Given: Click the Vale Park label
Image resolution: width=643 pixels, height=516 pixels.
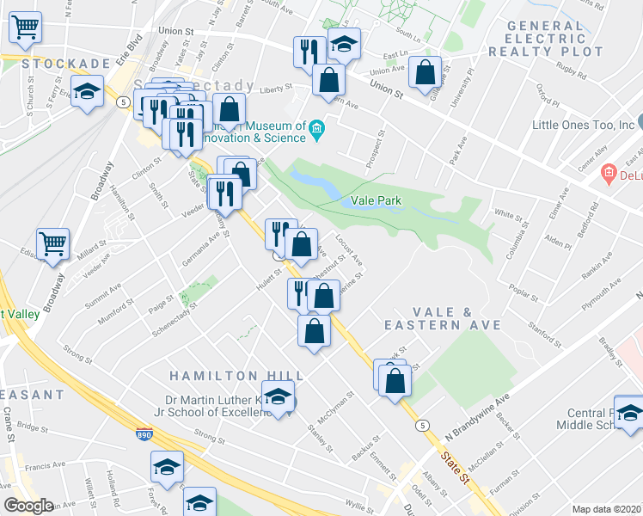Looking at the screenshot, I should click(x=377, y=200).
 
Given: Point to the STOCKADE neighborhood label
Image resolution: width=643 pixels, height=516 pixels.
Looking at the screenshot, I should click(x=55, y=64).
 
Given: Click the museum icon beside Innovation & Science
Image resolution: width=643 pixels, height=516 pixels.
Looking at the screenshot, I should click(x=317, y=129).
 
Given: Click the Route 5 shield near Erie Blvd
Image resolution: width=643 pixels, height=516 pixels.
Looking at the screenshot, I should click(x=124, y=101).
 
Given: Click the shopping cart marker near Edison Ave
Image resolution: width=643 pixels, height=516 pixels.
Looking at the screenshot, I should click(x=52, y=243).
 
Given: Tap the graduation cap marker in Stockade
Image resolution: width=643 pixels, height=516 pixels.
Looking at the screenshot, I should click(x=87, y=93).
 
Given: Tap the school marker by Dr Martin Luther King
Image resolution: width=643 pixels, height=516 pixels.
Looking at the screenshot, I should click(x=278, y=397).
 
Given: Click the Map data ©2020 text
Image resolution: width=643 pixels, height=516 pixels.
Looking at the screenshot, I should click(x=606, y=509).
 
